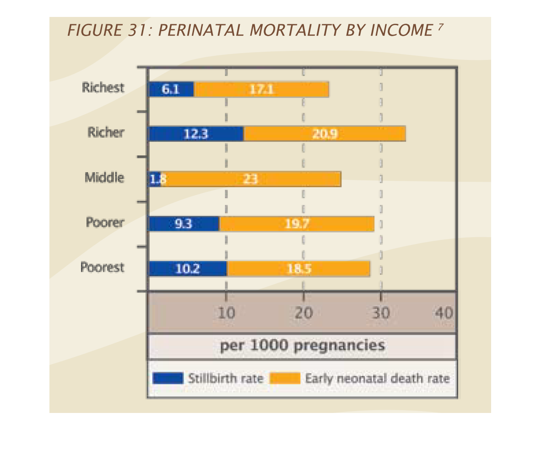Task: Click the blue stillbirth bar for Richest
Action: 171,89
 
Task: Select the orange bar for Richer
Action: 324,134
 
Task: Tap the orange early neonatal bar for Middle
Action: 250,179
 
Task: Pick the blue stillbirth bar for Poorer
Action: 184,224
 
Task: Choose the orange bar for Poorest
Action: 298,269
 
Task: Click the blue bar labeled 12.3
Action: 196,134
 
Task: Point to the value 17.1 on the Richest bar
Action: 261,89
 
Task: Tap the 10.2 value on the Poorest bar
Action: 188,269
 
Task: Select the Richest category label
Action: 103,87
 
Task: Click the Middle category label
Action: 104,177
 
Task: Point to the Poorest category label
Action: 103,267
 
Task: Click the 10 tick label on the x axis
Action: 226,313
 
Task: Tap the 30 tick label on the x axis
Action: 380,313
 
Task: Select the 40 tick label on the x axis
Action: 444,313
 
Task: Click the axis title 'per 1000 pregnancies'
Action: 302,345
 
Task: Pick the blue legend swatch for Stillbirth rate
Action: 168,379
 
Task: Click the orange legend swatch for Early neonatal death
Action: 285,379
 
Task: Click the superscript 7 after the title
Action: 440,27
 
